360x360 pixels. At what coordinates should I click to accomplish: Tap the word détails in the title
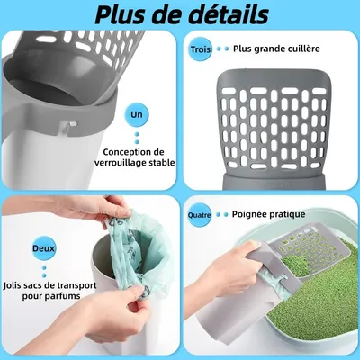(222, 16)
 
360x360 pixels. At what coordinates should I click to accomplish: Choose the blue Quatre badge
(200, 215)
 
